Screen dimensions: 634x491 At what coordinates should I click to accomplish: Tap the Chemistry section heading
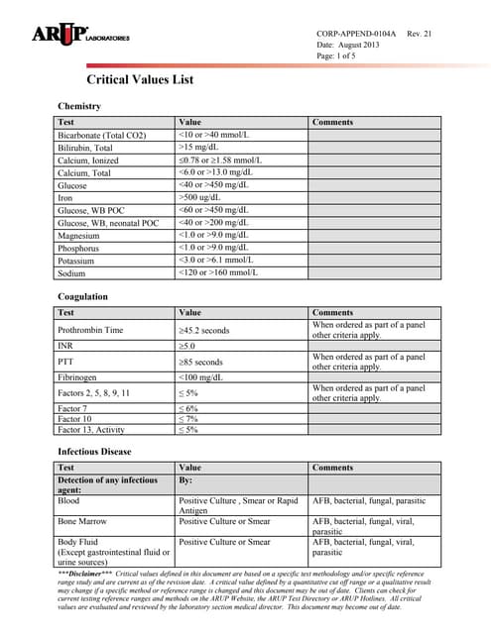click(80, 105)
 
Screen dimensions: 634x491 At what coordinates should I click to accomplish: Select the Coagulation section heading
click(83, 296)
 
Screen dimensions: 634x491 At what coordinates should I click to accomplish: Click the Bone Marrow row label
click(85, 519)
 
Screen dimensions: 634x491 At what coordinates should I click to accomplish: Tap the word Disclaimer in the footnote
click(87, 575)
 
